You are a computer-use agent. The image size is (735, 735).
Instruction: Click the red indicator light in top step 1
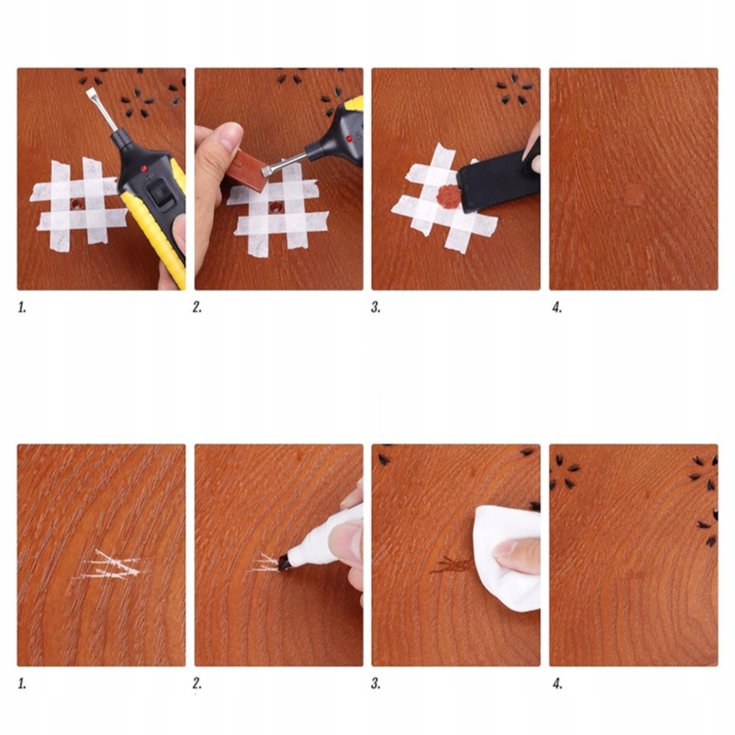click(144, 169)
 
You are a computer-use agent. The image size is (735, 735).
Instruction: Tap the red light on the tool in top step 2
click(349, 139)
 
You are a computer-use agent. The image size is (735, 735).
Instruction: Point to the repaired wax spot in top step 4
click(635, 194)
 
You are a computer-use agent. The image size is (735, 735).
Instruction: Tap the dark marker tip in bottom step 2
click(284, 562)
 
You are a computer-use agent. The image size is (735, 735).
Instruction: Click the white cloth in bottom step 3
click(507, 558)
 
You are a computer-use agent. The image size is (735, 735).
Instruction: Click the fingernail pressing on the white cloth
click(505, 549)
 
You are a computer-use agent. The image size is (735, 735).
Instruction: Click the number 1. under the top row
click(22, 308)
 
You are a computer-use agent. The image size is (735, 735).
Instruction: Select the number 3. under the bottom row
click(376, 684)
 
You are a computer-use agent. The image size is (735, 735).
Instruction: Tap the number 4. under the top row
click(557, 308)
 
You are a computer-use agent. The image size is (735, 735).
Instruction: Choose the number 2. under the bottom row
click(197, 684)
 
